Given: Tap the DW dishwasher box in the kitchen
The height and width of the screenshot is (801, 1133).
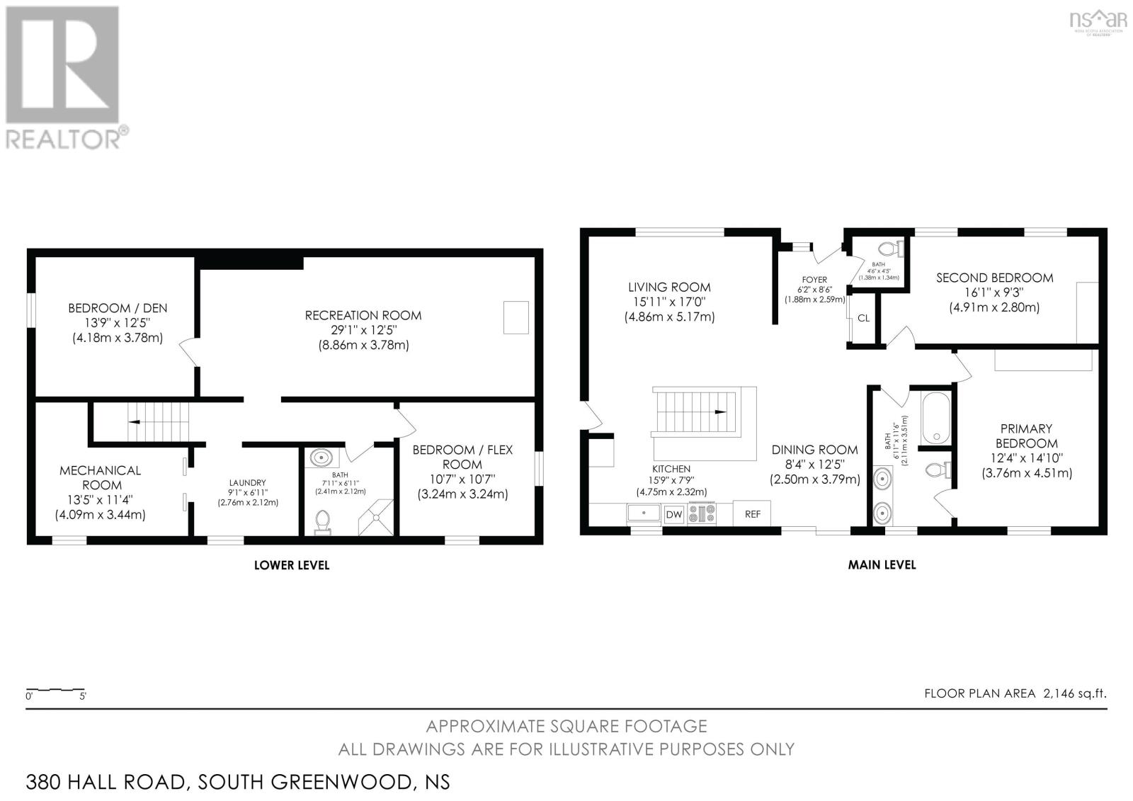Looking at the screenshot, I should (674, 514).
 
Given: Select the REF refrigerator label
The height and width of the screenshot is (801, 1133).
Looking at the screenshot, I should (752, 514).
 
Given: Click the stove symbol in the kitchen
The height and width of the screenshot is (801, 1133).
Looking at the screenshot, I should (702, 513).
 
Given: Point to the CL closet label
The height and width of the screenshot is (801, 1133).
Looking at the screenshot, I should (863, 318).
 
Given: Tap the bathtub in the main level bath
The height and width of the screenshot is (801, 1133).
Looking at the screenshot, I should (936, 417).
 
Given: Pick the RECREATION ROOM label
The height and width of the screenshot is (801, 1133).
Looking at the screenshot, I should (363, 315).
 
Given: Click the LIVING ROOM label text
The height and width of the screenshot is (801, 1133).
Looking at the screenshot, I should (669, 287).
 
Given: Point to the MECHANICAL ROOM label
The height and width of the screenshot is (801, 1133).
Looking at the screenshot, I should (101, 477).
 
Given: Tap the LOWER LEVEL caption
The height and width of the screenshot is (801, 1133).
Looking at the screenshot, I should (292, 565).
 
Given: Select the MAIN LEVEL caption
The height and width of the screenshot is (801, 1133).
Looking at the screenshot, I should (882, 565).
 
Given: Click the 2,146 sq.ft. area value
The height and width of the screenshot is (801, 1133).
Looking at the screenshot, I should (1074, 693).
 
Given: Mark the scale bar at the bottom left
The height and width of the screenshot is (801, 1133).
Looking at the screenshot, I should (55, 689).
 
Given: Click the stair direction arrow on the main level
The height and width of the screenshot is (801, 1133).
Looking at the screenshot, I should (719, 411).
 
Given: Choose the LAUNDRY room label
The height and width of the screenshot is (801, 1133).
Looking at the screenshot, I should (247, 482).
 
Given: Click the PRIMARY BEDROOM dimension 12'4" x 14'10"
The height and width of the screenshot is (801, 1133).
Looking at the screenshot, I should (1025, 458).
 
